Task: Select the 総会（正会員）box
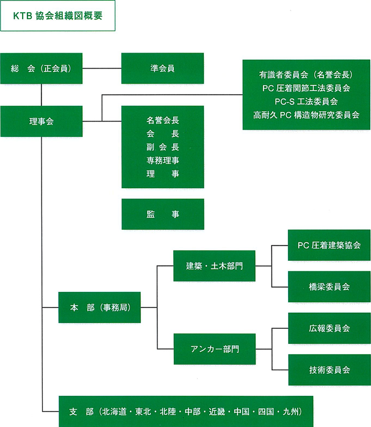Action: pyautogui.click(x=41, y=68)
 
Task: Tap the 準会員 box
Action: pyautogui.click(x=162, y=68)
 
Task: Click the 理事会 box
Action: pyautogui.click(x=41, y=122)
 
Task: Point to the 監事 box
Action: pyautogui.click(x=162, y=214)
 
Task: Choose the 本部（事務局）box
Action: pyautogui.click(x=99, y=308)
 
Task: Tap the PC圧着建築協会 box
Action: pyautogui.click(x=329, y=245)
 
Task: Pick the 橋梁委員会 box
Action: pyautogui.click(x=329, y=286)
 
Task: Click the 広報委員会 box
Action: pyautogui.click(x=329, y=328)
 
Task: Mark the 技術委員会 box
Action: pyautogui.click(x=329, y=370)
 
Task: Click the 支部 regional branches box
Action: pyautogui.click(x=186, y=411)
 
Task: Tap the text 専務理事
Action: pyautogui.click(x=162, y=160)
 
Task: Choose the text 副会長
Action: pyautogui.click(x=162, y=147)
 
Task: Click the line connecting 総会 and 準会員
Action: pyautogui.click(x=102, y=68)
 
